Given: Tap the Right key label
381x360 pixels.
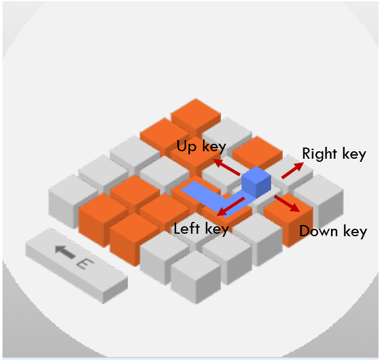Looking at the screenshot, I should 334,154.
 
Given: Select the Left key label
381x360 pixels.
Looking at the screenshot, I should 201,229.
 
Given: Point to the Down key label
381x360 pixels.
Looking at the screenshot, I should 333,231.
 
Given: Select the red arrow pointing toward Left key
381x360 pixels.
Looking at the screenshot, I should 230,206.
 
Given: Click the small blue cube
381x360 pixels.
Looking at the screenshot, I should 255,182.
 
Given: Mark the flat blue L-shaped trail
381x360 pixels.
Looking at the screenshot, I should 206,199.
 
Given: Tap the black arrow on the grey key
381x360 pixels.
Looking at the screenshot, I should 64,252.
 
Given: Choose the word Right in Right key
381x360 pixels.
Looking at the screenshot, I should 319,154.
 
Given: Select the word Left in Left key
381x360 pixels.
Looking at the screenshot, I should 186,229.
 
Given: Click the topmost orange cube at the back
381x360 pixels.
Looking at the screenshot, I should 195,114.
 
